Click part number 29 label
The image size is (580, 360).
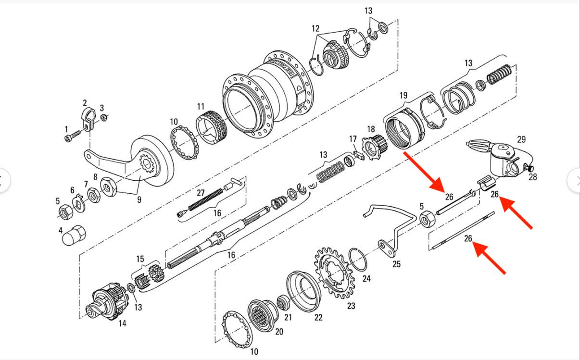point(521,139)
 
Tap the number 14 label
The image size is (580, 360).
point(123,323)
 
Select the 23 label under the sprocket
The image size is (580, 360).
point(351,306)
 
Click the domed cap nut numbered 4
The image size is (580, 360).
point(74,235)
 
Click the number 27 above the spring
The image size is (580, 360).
point(201,193)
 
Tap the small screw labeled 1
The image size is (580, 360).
point(72,137)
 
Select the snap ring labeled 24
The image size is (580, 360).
point(358,260)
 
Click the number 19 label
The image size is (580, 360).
point(403,96)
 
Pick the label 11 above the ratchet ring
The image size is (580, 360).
point(201,106)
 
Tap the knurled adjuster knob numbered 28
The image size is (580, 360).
point(529,168)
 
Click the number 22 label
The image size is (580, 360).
point(318,318)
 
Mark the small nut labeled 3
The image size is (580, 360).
point(104,118)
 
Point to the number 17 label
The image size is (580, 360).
point(353,139)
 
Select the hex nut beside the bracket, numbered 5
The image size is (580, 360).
point(427,219)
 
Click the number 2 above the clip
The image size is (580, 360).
point(85,103)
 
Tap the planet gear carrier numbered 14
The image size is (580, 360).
point(106,301)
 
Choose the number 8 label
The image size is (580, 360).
point(95,177)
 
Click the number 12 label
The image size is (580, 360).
point(315,28)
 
